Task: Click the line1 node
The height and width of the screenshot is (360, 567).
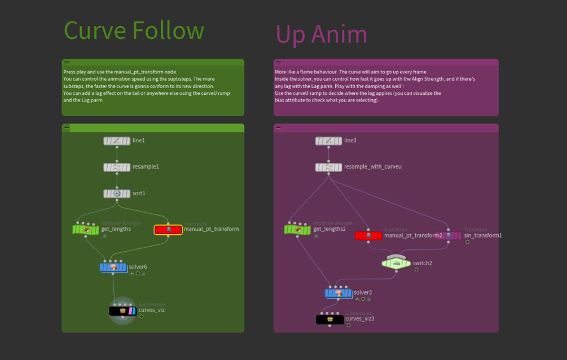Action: point(117,141)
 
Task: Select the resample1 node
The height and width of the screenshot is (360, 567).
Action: point(117,167)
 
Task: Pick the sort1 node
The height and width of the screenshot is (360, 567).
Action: point(117,194)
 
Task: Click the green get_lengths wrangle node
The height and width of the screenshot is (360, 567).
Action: point(86,229)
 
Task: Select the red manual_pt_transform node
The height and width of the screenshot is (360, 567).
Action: point(168,230)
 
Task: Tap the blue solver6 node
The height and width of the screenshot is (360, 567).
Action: point(113,267)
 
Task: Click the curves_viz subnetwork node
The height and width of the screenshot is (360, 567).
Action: point(122,310)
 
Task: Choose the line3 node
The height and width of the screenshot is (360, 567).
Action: point(328,141)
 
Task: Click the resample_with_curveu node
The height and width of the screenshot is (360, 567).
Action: point(328,167)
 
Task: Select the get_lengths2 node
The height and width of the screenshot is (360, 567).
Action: point(297,230)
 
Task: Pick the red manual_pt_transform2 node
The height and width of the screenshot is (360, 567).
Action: point(368,235)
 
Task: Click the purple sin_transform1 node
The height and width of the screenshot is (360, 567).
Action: point(449,235)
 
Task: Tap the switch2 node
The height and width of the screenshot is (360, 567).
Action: point(396,262)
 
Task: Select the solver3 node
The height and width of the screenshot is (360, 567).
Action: point(339,293)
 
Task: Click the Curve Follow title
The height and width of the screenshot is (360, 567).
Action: point(134,30)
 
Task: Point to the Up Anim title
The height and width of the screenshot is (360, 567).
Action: point(321,34)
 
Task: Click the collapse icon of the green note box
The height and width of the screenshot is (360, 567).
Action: point(67,62)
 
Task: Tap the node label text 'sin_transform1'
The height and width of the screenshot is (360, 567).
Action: point(482,235)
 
